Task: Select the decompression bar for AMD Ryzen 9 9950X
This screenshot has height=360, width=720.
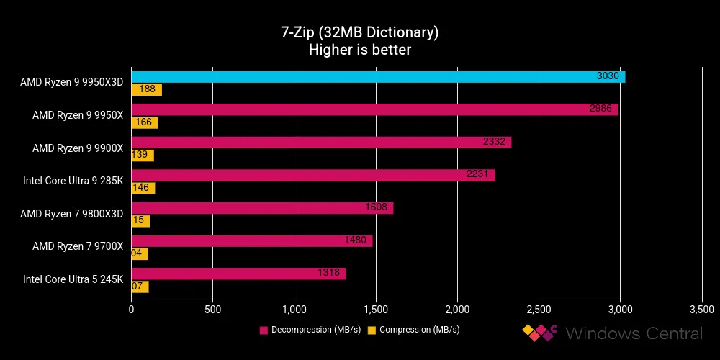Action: (x=374, y=109)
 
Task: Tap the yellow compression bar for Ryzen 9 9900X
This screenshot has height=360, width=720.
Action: (x=143, y=156)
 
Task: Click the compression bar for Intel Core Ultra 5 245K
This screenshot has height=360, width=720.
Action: (x=140, y=287)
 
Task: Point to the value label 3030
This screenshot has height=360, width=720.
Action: (x=611, y=77)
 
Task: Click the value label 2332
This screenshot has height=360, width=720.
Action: (x=497, y=143)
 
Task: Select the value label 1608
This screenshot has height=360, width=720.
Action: (x=379, y=208)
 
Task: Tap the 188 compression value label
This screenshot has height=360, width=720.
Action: (x=146, y=90)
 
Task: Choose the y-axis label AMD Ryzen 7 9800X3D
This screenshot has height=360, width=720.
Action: (x=72, y=213)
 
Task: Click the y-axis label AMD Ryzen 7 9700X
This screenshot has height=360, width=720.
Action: (x=78, y=246)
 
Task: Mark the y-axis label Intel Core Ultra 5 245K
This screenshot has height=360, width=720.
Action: (x=73, y=279)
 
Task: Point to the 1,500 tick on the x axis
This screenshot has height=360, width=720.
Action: (x=375, y=310)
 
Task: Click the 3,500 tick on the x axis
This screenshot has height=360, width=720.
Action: (x=701, y=310)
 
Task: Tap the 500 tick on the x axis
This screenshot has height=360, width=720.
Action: (x=212, y=310)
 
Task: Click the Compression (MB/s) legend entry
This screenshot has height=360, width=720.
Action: (x=414, y=330)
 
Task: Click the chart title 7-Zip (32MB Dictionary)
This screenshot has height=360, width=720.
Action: (x=359, y=33)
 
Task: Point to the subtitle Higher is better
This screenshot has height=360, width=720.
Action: (x=359, y=50)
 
